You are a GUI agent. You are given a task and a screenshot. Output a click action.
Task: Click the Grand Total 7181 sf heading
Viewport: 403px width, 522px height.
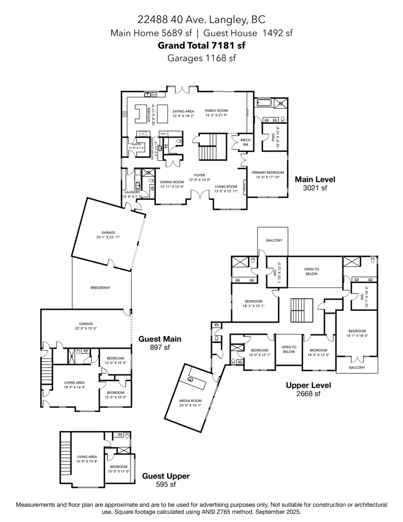[x=201, y=45]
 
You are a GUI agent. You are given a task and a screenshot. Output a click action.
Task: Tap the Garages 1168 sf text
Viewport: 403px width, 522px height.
[x=201, y=58]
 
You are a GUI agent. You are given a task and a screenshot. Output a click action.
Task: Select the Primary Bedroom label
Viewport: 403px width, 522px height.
[x=268, y=175]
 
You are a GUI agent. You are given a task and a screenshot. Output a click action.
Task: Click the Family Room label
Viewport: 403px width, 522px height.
[x=216, y=113]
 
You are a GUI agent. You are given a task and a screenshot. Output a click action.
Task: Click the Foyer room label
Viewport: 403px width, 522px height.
[x=200, y=177]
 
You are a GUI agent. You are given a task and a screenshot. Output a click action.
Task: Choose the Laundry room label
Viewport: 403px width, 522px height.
[x=132, y=194]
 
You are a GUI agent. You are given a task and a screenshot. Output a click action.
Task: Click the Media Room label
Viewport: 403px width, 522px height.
[x=191, y=403]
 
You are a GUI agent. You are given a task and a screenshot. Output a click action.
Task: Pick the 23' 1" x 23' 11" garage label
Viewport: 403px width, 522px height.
[x=108, y=235]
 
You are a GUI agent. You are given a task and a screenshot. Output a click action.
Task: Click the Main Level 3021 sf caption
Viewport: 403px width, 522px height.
[x=315, y=183]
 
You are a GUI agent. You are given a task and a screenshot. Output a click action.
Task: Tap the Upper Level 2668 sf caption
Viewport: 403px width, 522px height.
[x=308, y=389]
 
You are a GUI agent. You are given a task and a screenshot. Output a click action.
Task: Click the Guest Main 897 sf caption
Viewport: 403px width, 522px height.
[x=160, y=343]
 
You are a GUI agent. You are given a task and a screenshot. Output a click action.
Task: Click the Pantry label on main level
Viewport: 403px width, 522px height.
[x=137, y=146]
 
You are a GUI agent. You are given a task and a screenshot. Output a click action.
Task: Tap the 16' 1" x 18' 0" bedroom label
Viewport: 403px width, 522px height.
[x=356, y=333]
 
